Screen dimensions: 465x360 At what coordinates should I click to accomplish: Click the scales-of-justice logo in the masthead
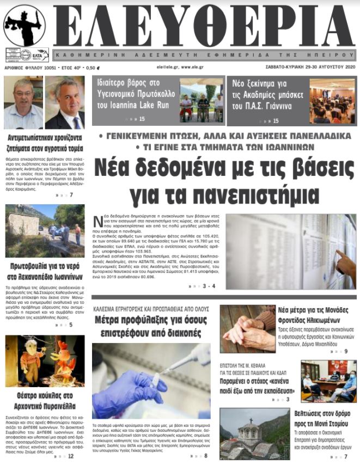pyautogui.click(x=25, y=26)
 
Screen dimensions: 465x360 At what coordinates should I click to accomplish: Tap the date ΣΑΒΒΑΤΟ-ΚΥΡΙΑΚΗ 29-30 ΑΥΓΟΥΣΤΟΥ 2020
pyautogui.click(x=310, y=68)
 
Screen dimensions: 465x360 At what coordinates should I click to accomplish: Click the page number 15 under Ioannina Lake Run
pyautogui.click(x=142, y=119)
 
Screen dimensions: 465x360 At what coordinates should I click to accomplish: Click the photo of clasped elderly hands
pyautogui.click(x=248, y=328)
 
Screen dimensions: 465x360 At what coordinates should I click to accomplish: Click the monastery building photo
pyautogui.click(x=248, y=434)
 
